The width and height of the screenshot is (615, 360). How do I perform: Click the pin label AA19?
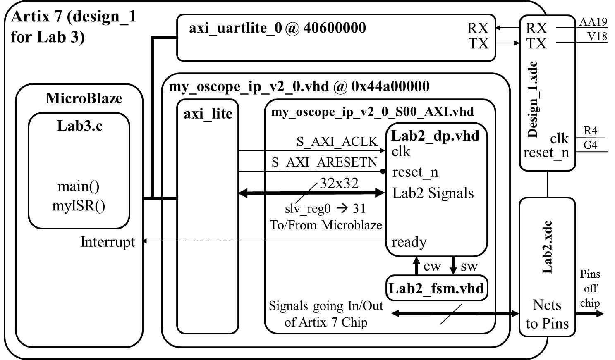pyautogui.click(x=593, y=22)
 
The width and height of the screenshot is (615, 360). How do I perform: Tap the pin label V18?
pyautogui.click(x=597, y=36)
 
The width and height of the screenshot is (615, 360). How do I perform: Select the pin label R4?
pyautogui.click(x=591, y=131)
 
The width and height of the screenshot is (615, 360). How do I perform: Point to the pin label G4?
pyautogui.click(x=591, y=145)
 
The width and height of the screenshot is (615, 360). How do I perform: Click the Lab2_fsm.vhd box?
pyautogui.click(x=436, y=288)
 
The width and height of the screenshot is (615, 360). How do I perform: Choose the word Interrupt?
pyautogui.click(x=108, y=242)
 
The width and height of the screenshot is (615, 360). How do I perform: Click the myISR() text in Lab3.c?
pyautogui.click(x=79, y=206)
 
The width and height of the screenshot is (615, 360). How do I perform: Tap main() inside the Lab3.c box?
pyautogui.click(x=79, y=186)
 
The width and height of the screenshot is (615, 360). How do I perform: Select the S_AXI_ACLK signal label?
pyautogui.click(x=337, y=142)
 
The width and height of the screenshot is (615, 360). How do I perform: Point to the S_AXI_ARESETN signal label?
pyautogui.click(x=325, y=162)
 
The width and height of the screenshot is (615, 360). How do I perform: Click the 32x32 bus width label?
pyautogui.click(x=339, y=183)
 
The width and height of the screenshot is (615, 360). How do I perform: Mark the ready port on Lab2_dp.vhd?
pyautogui.click(x=409, y=242)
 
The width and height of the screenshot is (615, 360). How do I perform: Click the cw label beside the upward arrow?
pyautogui.click(x=433, y=267)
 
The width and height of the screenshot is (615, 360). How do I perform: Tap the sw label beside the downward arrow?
pyautogui.click(x=469, y=267)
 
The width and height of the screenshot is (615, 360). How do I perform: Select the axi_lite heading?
pyautogui.click(x=208, y=114)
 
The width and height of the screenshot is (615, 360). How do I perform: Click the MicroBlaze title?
pyautogui.click(x=84, y=98)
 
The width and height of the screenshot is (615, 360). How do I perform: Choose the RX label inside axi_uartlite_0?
pyautogui.click(x=478, y=28)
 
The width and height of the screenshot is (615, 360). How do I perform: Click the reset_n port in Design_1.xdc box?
pyautogui.click(x=546, y=153)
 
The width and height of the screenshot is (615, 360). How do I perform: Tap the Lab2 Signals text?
pyautogui.click(x=433, y=193)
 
